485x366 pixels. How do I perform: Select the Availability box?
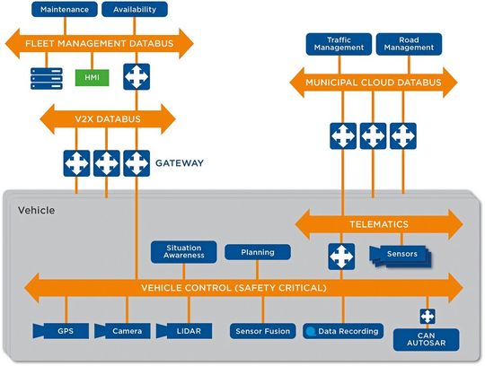(135, 10)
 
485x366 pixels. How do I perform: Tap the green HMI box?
(92, 79)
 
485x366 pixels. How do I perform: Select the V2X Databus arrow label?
(107, 117)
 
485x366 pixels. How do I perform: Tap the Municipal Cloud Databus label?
(373, 83)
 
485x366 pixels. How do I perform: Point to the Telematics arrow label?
(378, 223)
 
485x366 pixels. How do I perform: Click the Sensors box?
(400, 255)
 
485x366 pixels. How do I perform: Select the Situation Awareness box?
(184, 251)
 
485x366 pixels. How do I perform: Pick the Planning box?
(258, 252)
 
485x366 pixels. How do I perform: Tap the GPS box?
(65, 331)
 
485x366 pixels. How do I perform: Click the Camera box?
(124, 331)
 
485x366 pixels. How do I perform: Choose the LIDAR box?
(186, 331)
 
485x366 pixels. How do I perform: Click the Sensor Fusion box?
(261, 331)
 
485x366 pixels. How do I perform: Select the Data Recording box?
(338, 331)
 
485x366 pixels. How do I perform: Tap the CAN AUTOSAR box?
(427, 338)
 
